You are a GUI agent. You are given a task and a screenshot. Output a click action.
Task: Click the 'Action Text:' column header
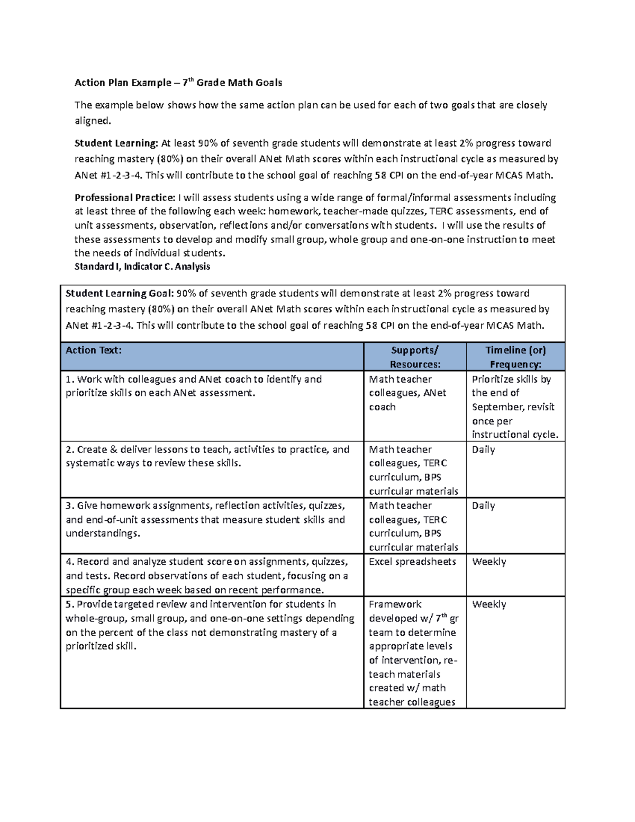coord(94,350)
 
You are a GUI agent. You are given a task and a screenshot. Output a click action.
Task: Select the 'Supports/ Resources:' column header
coord(415,357)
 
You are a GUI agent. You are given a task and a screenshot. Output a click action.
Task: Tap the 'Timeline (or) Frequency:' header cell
coord(515,357)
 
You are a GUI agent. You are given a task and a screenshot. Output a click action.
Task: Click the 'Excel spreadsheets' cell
coord(412,562)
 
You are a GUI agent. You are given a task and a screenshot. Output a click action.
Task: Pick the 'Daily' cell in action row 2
coord(483,449)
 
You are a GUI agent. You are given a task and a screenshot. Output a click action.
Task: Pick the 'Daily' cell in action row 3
coord(483,505)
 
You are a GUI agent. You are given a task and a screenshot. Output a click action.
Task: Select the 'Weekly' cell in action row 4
coord(489,562)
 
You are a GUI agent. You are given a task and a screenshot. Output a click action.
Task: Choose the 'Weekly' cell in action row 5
coord(489,604)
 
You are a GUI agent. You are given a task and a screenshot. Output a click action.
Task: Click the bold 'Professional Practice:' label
coord(124,197)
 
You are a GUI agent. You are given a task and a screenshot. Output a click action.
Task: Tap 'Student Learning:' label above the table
coord(116,143)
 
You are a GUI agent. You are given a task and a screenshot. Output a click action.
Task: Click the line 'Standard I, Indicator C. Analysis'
coord(142,266)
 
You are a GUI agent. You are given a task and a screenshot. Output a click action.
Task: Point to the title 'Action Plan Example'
coord(123,83)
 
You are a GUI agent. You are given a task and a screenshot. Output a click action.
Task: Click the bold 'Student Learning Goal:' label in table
coord(119,293)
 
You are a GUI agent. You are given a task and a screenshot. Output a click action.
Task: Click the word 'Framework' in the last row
coord(395,604)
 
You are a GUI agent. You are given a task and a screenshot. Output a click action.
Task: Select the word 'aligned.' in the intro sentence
coord(93,121)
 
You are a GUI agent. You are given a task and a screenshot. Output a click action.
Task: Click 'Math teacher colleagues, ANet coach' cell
coord(407,393)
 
